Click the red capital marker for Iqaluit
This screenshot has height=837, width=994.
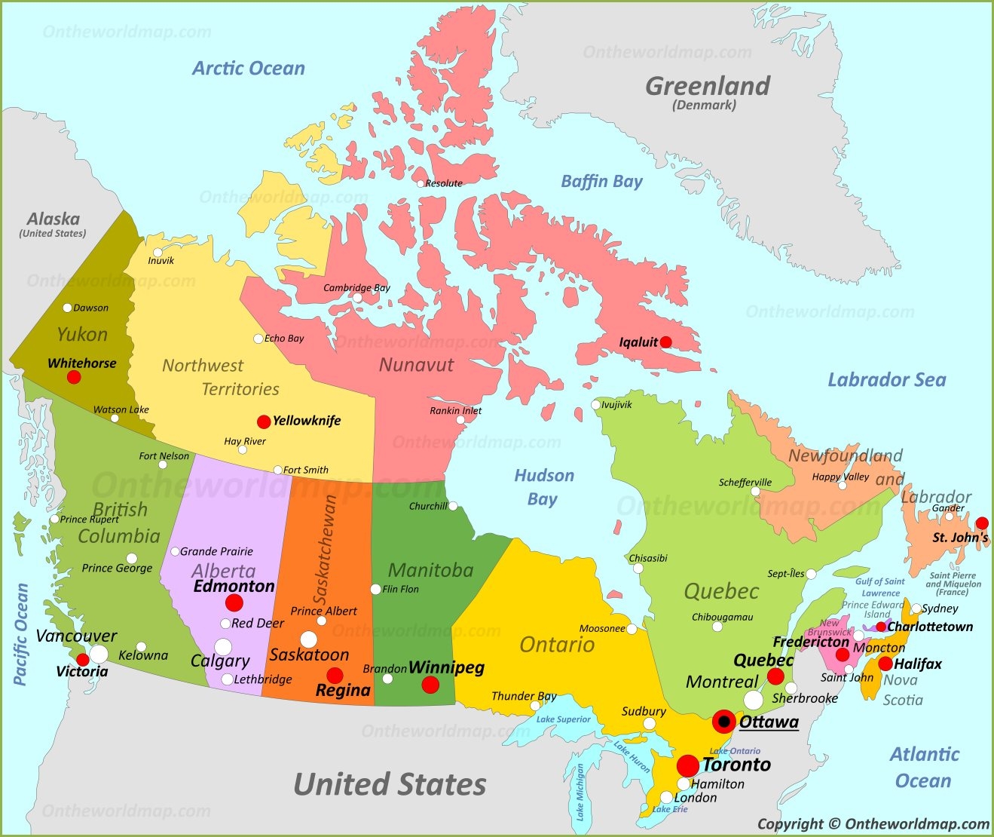tap(665, 342)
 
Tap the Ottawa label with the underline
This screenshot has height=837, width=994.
tap(769, 722)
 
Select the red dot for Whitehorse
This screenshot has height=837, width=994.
tap(74, 377)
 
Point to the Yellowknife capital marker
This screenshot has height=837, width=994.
tap(264, 422)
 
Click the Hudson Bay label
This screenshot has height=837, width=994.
tap(544, 487)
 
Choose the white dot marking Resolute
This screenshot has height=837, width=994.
tap(421, 183)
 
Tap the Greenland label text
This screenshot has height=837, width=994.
tap(708, 86)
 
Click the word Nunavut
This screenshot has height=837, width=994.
tap(416, 365)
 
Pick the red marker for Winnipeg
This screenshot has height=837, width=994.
tap(430, 685)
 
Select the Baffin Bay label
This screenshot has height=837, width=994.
tap(601, 181)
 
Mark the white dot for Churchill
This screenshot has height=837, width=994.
tap(453, 506)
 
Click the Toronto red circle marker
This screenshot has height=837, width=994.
tap(687, 766)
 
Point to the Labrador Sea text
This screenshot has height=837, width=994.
tap(886, 380)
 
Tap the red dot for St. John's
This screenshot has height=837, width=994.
tap(981, 523)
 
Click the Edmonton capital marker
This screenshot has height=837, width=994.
tap(234, 602)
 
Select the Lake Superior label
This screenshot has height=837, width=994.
tap(563, 719)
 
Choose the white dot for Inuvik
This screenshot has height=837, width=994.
tap(158, 253)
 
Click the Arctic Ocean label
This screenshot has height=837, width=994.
tap(249, 69)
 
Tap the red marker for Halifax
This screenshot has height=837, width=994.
tap(885, 664)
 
